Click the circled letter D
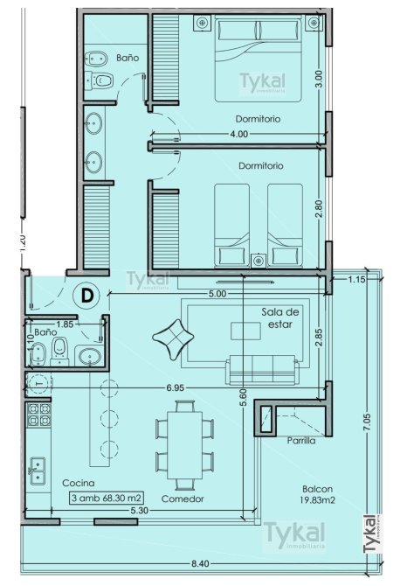pyautogui.click(x=86, y=296)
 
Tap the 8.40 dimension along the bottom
pyautogui.click(x=200, y=563)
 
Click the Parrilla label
pyautogui.click(x=300, y=441)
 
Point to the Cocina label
pyautogui.click(x=79, y=483)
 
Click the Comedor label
pyautogui.click(x=183, y=499)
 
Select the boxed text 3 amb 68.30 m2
pyautogui.click(x=107, y=498)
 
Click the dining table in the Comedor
pyautogui.click(x=185, y=445)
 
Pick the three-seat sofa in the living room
pyautogui.click(x=262, y=370)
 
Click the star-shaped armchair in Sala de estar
pyautogui.click(x=173, y=339)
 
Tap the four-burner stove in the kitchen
pyautogui.click(x=38, y=415)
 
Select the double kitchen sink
pyautogui.click(x=38, y=471)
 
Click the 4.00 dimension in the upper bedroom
pyautogui.click(x=238, y=134)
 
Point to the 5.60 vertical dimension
pyautogui.click(x=244, y=399)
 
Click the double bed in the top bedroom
pyautogui.click(x=258, y=59)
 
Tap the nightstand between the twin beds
pyautogui.click(x=259, y=261)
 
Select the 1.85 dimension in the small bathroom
pyautogui.click(x=66, y=324)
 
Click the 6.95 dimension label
pyautogui.click(x=175, y=387)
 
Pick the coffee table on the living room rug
pyautogui.click(x=245, y=331)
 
